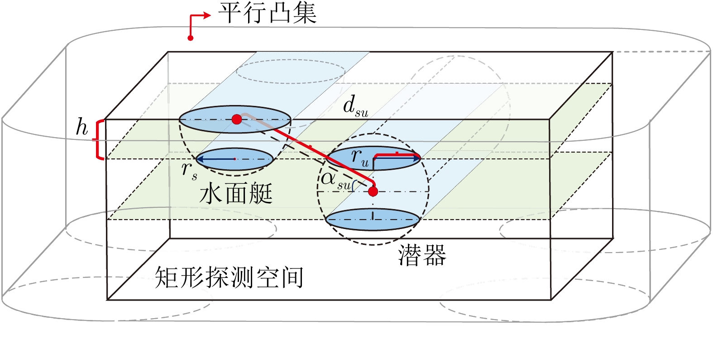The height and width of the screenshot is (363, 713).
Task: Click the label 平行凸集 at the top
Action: point(268,14)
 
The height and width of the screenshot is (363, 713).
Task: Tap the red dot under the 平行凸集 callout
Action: point(191,38)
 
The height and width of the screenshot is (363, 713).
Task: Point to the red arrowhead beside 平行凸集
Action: point(208,15)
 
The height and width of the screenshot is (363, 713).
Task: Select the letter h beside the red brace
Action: point(82,127)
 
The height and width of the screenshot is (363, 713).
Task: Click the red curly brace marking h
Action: point(99,139)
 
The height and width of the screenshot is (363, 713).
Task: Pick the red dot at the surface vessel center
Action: point(236,119)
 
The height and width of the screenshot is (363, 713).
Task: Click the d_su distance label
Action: point(355,107)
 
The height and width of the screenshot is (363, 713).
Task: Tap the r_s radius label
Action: point(189,171)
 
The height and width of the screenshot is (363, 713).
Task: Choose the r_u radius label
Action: point(360,158)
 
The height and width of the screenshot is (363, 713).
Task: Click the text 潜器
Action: point(422,255)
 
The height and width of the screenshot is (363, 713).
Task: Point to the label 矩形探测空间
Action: point(229,277)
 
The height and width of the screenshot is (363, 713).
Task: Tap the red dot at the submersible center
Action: point(373,191)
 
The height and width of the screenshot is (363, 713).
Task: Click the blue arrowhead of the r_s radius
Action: point(200,159)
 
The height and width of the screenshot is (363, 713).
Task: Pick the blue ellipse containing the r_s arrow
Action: point(254,159)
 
